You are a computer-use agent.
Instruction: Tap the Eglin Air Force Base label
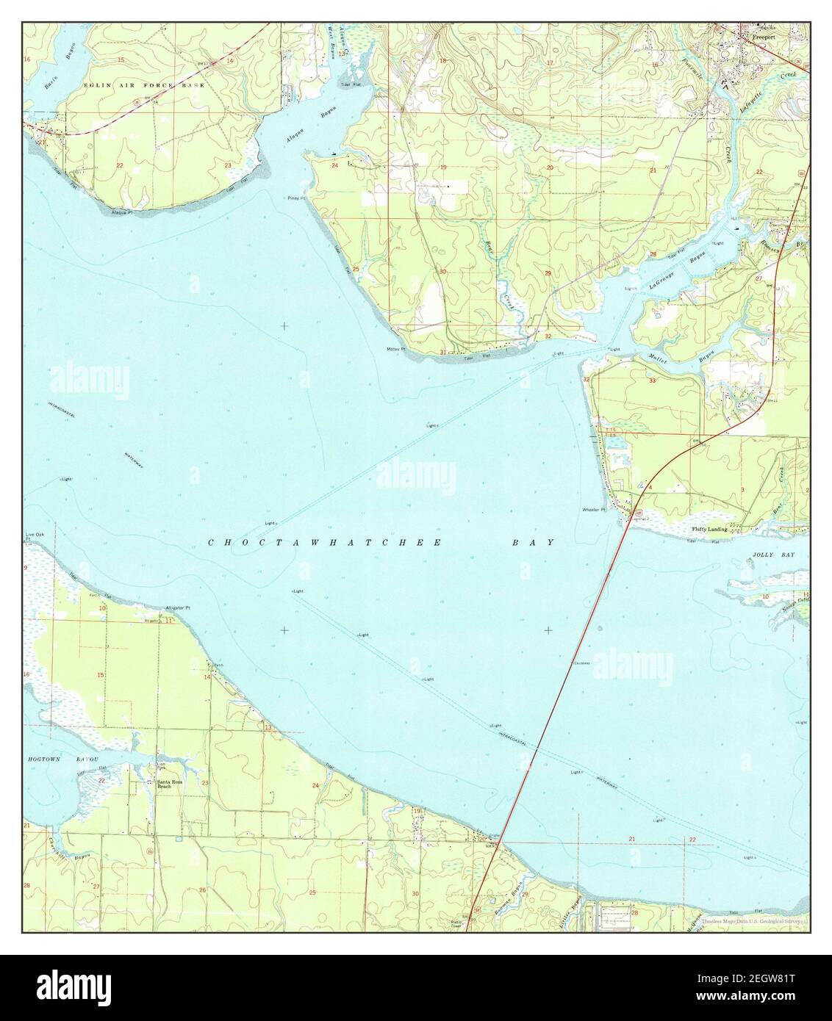[134, 85]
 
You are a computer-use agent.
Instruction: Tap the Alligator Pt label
[178, 608]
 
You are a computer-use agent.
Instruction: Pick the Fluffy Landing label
[709, 529]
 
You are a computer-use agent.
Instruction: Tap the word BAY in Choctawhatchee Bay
[533, 543]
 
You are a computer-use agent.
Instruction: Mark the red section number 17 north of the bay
[550, 63]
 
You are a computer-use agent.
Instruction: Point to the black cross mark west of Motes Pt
[284, 325]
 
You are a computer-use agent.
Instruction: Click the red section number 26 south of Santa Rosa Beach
[202, 890]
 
